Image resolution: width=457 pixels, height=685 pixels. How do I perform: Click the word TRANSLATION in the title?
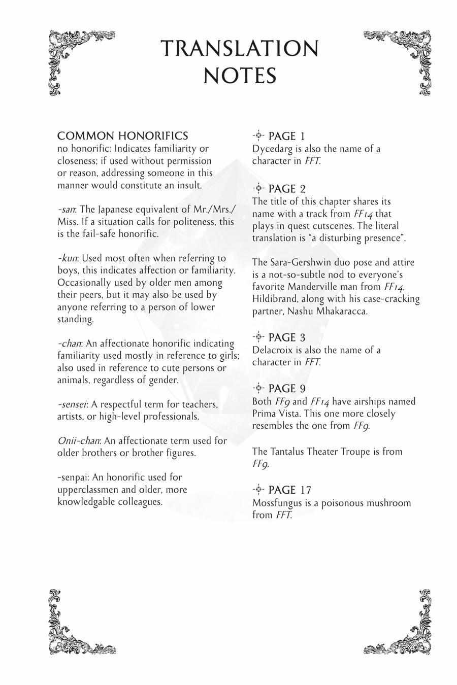point(240,49)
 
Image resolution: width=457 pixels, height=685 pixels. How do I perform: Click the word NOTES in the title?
point(240,76)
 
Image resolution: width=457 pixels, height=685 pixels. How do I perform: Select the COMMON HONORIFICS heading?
point(122,136)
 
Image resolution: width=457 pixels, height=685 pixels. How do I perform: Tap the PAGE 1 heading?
point(286,136)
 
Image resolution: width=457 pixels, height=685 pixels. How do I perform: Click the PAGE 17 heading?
point(289,490)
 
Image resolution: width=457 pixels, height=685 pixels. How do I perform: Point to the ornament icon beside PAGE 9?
point(258,388)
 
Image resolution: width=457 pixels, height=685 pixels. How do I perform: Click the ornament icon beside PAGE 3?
point(258,337)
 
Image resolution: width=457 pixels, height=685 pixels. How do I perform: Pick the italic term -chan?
point(70,344)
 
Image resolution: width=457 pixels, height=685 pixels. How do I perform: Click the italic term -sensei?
point(72,404)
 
